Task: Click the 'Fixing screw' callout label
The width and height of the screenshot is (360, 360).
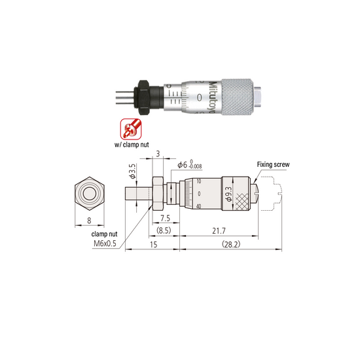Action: pyautogui.click(x=273, y=164)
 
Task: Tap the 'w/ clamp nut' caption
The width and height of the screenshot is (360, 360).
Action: pyautogui.click(x=132, y=145)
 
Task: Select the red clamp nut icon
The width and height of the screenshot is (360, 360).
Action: pyautogui.click(x=131, y=129)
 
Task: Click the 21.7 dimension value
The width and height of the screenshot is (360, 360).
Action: pyautogui.click(x=219, y=230)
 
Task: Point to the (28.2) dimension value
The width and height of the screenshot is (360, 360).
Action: pyautogui.click(x=231, y=244)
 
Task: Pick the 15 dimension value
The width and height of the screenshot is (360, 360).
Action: pyautogui.click(x=153, y=245)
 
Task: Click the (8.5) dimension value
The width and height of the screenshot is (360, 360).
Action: pyautogui.click(x=164, y=230)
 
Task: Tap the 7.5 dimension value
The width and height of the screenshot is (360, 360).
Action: pyautogui.click(x=165, y=218)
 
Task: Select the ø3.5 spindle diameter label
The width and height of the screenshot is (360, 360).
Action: pyautogui.click(x=133, y=171)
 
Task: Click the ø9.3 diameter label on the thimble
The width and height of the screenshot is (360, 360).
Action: pyautogui.click(x=229, y=194)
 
